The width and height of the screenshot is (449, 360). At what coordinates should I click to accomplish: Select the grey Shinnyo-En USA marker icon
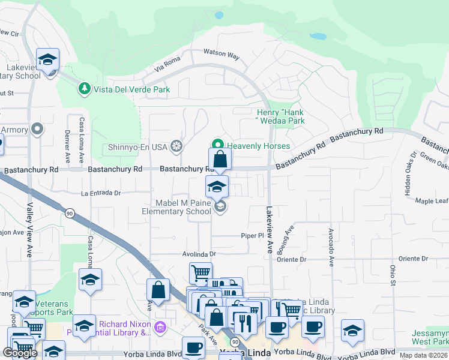176,146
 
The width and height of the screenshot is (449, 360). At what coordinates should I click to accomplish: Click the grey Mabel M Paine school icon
220,206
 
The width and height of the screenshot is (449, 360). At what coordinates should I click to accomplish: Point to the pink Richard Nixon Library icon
160,328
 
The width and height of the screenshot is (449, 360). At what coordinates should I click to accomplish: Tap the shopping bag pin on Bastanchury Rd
220,160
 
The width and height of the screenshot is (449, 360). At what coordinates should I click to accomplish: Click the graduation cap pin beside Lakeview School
47,59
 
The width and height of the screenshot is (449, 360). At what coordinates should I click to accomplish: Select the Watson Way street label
221,55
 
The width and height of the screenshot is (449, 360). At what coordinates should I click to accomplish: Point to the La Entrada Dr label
101,193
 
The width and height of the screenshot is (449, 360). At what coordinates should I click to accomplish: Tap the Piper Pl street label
252,236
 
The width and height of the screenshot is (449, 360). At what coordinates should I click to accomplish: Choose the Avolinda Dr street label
199,254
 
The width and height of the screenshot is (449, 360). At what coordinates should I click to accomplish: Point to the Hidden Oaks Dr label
409,174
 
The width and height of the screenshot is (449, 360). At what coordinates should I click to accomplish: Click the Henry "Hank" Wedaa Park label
281,116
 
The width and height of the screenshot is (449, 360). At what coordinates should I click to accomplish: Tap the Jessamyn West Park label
429,337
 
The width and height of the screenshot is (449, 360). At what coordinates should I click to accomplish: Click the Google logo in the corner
20,353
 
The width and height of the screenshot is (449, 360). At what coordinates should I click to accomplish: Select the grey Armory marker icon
37,129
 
